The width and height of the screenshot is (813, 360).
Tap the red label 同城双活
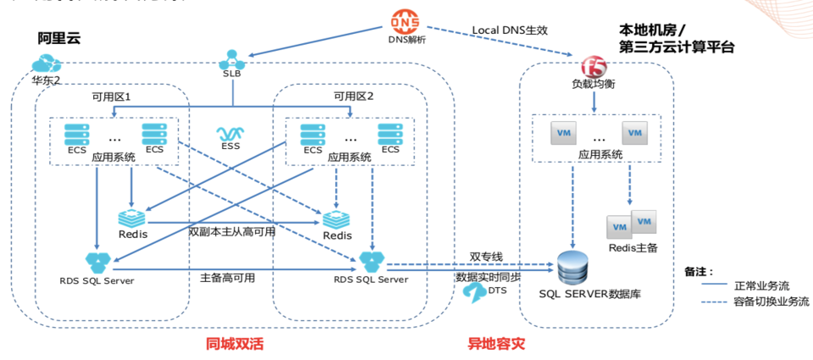click(x=235, y=344)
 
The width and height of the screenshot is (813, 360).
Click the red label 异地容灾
click(x=496, y=344)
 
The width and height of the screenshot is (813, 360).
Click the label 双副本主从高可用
click(x=232, y=232)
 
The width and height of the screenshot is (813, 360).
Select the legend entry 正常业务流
click(x=769, y=285)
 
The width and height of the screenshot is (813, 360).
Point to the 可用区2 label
click(x=353, y=97)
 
